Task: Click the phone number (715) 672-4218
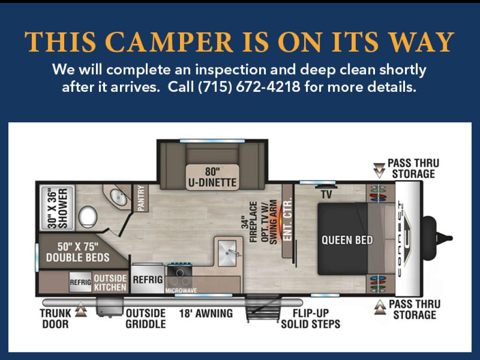click(249, 87)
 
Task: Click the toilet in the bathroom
click(88, 216)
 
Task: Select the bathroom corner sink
click(118, 197)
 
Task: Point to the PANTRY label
click(141, 198)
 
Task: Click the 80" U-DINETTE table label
click(212, 177)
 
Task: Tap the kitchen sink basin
click(227, 253)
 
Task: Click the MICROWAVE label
click(181, 291)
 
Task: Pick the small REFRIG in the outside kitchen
click(81, 282)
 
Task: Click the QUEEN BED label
click(347, 240)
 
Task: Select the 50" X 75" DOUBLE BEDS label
click(78, 252)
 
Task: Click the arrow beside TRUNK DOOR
click(81, 309)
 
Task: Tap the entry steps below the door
click(263, 307)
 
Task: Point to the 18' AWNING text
click(206, 314)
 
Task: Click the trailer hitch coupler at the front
click(438, 237)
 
